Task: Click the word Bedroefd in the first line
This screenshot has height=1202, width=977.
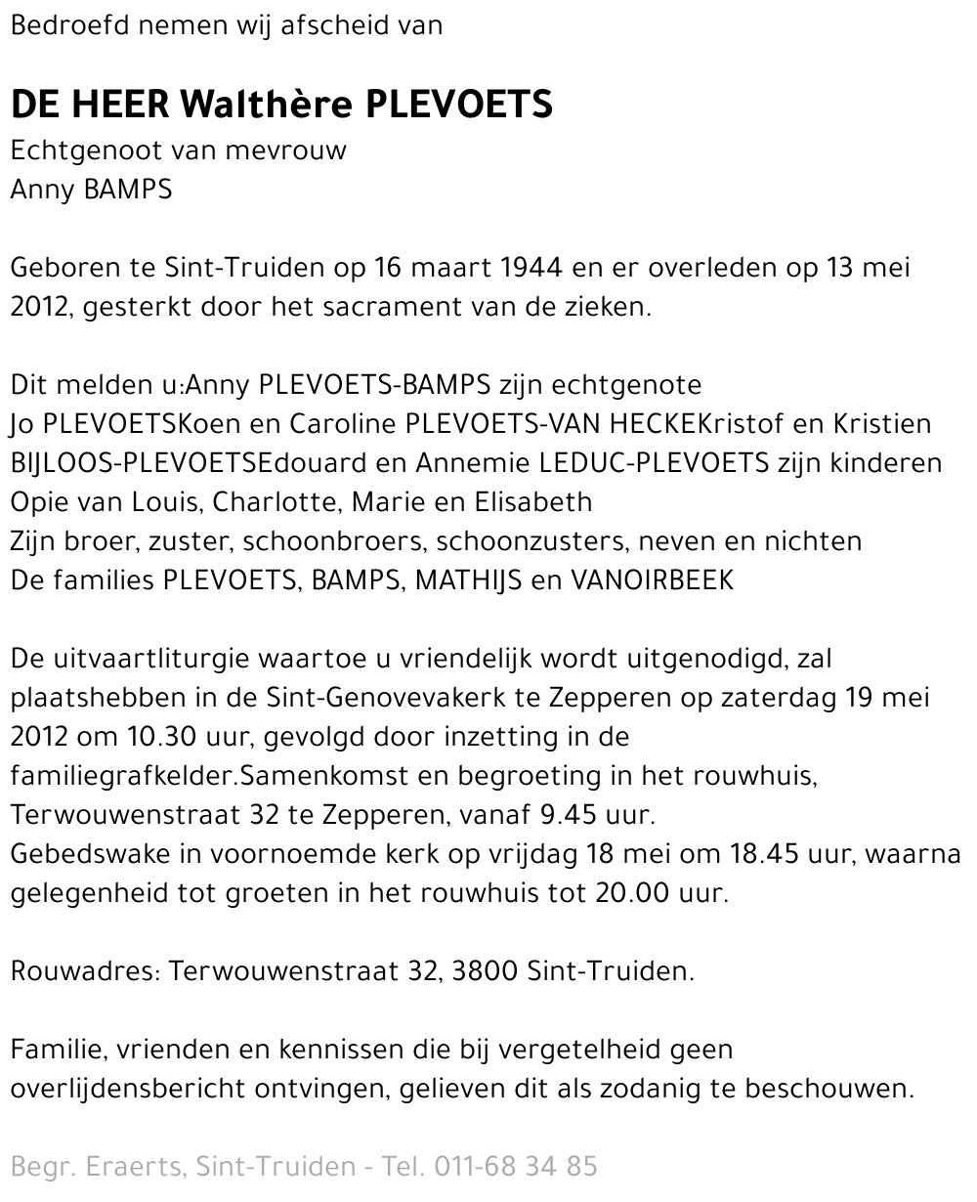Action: click(x=69, y=26)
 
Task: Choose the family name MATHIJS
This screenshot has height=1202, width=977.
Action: click(x=468, y=580)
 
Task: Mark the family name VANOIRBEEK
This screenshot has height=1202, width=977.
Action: click(x=653, y=580)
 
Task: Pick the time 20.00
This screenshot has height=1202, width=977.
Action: click(x=632, y=893)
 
